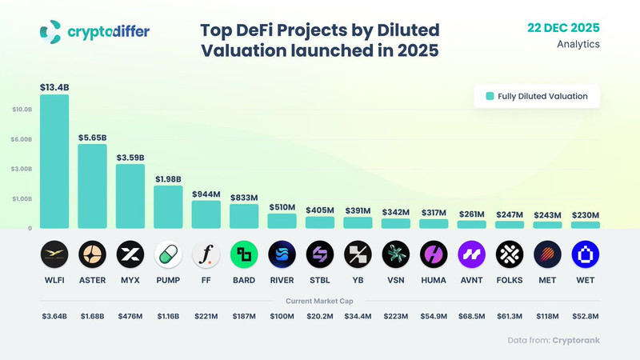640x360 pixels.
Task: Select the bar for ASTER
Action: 92,186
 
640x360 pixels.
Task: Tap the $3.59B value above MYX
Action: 130,158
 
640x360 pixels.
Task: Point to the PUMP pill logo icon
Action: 168,255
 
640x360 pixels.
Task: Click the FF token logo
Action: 206,255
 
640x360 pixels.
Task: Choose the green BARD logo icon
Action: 244,255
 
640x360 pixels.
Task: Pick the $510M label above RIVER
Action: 282,206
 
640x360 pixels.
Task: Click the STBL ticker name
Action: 320,281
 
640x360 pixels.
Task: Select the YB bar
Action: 358,222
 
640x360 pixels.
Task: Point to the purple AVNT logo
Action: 471,255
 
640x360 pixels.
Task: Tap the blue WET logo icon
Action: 585,255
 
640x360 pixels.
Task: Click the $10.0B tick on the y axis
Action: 22,110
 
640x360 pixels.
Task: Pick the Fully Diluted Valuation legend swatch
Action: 490,96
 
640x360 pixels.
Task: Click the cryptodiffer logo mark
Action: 50,31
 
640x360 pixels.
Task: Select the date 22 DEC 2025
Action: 562,27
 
